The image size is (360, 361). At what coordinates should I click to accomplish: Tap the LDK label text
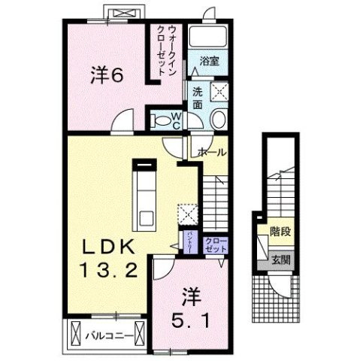pos(109,246)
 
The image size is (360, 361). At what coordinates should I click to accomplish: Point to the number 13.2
pos(110,270)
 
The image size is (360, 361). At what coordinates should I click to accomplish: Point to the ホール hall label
pos(212,151)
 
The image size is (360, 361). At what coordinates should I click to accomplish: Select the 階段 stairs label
pos(281,232)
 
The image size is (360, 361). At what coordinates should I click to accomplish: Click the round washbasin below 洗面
pos(219,120)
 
